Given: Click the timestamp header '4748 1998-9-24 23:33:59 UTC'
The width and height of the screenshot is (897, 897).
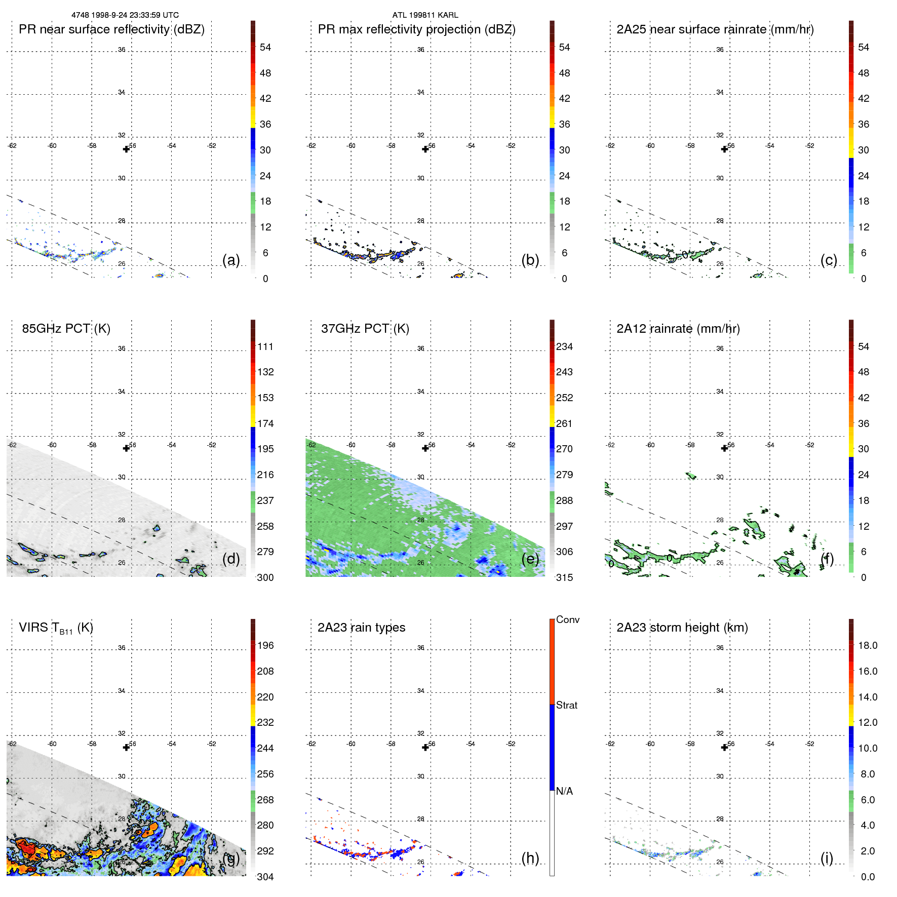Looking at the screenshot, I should pos(125,15).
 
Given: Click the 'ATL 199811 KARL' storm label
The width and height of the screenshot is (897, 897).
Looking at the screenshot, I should pos(425,15).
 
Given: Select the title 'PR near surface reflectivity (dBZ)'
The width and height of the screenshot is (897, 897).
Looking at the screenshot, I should pos(111,29).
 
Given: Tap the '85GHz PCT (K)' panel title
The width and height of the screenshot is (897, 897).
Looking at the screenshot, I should pos(66,329).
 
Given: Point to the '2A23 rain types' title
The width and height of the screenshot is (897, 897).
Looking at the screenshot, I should pos(361,628).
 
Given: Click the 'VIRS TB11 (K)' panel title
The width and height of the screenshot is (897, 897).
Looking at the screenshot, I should pos(56,628).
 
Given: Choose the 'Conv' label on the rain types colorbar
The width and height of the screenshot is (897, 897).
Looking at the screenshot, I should pos(567,619).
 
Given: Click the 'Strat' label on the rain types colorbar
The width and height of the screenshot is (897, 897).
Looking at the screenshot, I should pos(566,705).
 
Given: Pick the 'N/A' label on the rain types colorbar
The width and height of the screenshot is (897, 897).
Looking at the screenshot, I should pos(564,791).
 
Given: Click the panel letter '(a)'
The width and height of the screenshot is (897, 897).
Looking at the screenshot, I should pos(231,260).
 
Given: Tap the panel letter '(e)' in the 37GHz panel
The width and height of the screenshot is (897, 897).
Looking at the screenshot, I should pos(530,559).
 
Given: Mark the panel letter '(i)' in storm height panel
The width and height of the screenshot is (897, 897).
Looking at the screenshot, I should pos(827,858).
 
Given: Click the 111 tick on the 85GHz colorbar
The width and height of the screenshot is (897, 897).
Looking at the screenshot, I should pos(265,347).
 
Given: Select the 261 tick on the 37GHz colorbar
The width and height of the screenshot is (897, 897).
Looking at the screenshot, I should pos(564,423).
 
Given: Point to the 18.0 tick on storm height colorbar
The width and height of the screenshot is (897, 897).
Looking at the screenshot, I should pos(868,645).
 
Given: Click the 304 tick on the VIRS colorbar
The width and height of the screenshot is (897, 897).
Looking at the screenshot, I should pos(265,877).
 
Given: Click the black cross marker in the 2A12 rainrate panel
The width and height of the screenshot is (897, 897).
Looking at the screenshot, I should pos(724,448).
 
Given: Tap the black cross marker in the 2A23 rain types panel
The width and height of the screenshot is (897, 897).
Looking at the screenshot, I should pos(425,748).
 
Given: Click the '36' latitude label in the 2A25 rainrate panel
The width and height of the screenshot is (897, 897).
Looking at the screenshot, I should pos(720,50).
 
